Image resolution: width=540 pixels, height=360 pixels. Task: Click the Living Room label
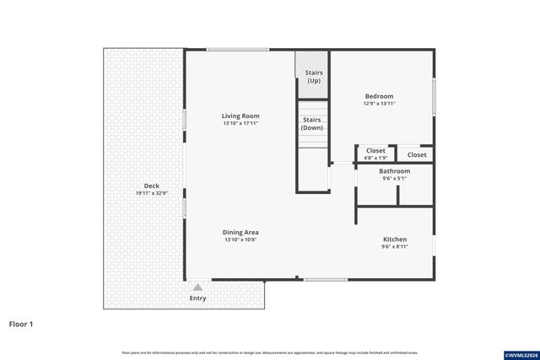240,116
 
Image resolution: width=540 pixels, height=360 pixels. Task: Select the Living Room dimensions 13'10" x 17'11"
240,123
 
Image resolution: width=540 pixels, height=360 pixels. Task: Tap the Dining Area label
240,232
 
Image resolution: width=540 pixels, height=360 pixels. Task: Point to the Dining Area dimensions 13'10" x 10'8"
240,239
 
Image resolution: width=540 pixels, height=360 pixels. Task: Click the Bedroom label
380,96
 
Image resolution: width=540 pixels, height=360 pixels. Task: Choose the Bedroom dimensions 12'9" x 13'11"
380,104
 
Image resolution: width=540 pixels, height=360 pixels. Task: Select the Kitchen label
395,239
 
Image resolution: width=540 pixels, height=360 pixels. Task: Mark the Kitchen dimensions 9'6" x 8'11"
395,246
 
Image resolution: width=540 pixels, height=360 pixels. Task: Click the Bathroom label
395,170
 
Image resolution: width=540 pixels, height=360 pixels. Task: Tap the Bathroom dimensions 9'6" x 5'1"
395,178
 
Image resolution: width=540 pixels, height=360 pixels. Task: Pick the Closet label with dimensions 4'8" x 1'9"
375,151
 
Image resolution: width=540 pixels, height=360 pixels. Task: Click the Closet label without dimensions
417,154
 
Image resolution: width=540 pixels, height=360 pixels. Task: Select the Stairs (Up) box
312,76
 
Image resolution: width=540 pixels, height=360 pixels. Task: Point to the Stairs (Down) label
312,124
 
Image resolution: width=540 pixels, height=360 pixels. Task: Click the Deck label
152,185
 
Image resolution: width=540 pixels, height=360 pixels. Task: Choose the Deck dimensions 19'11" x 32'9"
152,193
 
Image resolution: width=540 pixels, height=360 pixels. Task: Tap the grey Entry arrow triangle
197,287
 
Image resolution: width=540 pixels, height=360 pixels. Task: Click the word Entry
197,298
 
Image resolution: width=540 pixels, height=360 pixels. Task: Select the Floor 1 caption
22,323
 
